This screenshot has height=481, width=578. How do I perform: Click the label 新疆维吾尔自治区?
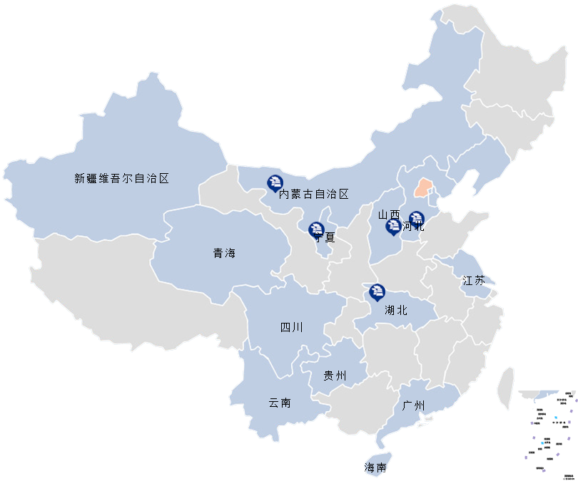coord(121,179)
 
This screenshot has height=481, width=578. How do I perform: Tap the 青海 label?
coord(223,253)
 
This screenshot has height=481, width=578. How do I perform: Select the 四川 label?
coord(291,328)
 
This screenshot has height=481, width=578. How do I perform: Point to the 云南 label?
coord(279,403)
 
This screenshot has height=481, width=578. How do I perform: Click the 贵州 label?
coord(335,376)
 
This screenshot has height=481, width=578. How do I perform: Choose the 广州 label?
coord(413,406)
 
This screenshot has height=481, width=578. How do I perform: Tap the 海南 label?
coord(375,468)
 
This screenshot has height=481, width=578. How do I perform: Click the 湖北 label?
coord(395,310)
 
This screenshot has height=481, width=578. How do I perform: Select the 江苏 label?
coord(473,280)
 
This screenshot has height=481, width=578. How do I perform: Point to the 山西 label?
coord(389,214)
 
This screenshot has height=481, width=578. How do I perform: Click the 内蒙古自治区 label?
coord(313,194)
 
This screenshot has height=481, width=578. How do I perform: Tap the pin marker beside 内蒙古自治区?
coord(274,183)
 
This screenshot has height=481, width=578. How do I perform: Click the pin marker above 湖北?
coord(377,291)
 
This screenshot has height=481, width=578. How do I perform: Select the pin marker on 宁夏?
coord(316,229)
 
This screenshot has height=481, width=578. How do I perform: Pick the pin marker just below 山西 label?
coord(392,227)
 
